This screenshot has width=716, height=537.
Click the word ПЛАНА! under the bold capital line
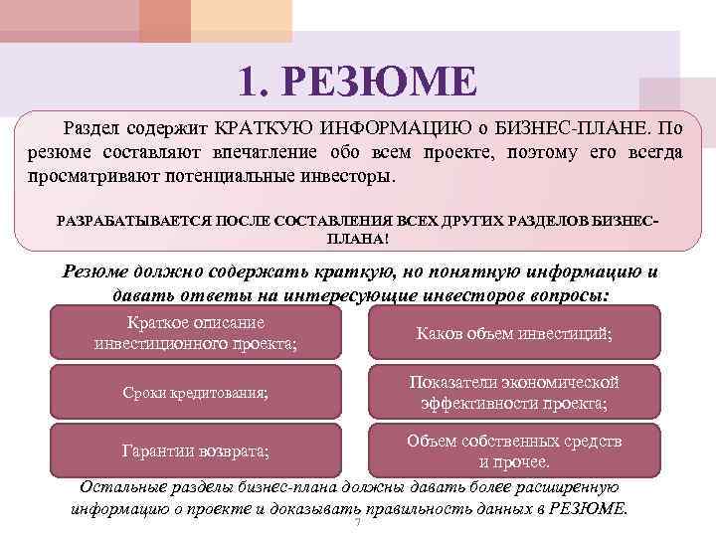click(358, 239)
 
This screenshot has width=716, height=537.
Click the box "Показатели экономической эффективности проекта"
click(513, 393)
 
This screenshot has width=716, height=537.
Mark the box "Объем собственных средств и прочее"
click(513, 450)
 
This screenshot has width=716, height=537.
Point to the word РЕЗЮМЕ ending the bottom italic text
click(594, 508)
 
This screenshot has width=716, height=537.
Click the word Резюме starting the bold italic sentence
click(97, 272)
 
